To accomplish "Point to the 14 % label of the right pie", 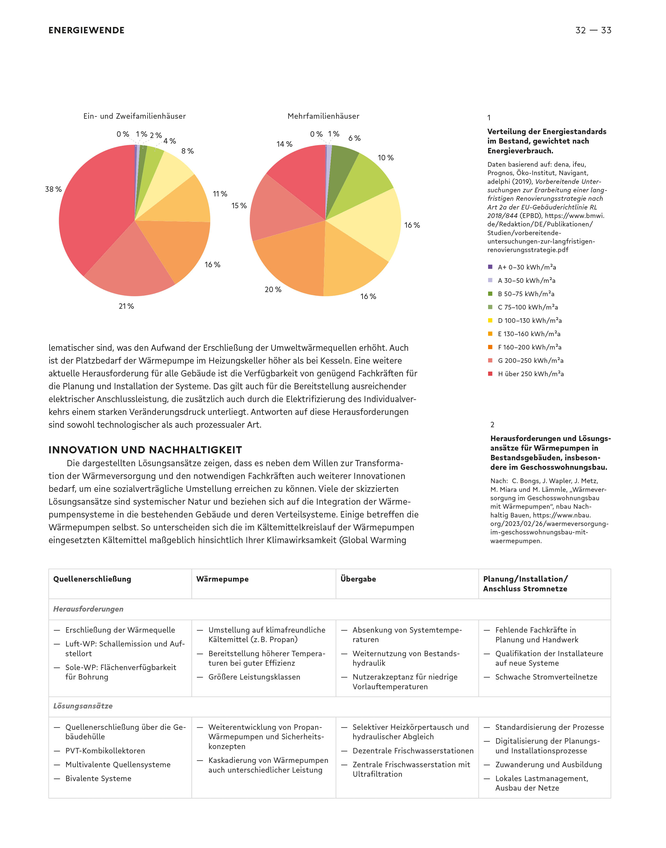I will (284, 144).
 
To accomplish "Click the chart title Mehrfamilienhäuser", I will (323, 116).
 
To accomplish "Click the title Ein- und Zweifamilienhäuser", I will (135, 116).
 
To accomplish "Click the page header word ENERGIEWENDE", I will (86, 31).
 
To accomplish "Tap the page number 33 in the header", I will (606, 31).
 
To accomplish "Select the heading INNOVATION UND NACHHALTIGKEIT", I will (145, 450).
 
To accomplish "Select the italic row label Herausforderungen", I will (88, 609).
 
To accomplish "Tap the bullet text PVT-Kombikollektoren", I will (105, 751).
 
